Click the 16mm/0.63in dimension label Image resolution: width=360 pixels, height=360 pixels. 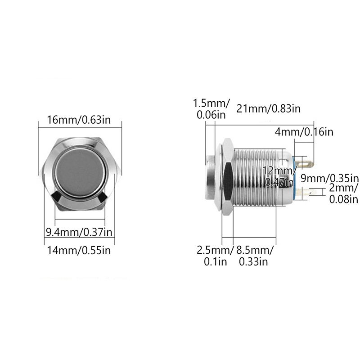tap(79, 120)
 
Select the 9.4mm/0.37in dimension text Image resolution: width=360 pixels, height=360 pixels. tap(79, 232)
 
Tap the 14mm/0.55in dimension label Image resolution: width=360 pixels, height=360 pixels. tap(79, 250)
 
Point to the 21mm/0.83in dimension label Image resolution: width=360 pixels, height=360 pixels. tap(268, 108)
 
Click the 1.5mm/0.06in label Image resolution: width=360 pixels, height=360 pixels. tap(211, 109)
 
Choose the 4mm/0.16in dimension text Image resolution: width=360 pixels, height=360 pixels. tap(304, 132)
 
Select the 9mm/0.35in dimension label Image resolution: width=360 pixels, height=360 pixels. tap(329, 178)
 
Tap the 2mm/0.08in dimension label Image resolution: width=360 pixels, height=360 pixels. tap(343, 193)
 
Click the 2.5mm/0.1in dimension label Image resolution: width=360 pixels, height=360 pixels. tap(215, 256)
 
